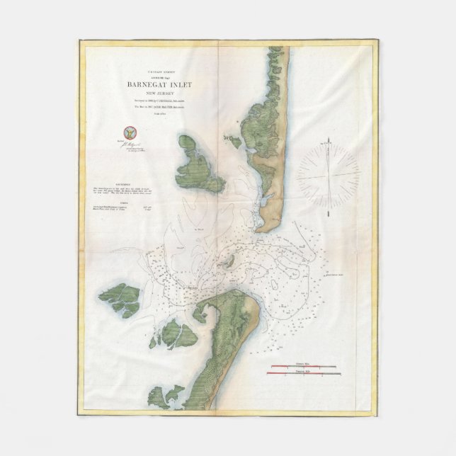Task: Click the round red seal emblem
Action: coord(128,132)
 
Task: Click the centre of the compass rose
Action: coord(327,172)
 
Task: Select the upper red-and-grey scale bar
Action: coord(304,366)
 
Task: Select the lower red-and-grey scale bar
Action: coord(304,373)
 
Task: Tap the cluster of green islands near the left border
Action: coord(120,300)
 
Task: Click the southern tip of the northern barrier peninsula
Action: coord(263,228)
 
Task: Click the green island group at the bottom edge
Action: coord(166,398)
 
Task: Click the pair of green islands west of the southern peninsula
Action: coord(173,334)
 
